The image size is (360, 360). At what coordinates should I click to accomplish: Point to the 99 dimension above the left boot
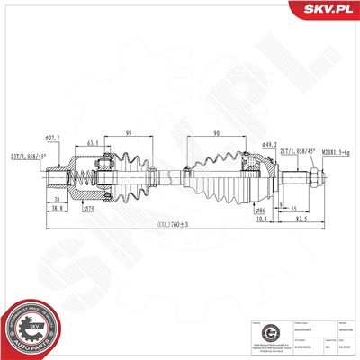pyautogui.click(x=128, y=132)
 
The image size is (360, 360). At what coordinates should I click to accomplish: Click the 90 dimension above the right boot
pyautogui.click(x=218, y=133)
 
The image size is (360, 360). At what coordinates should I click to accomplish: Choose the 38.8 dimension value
pyautogui.click(x=56, y=209)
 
